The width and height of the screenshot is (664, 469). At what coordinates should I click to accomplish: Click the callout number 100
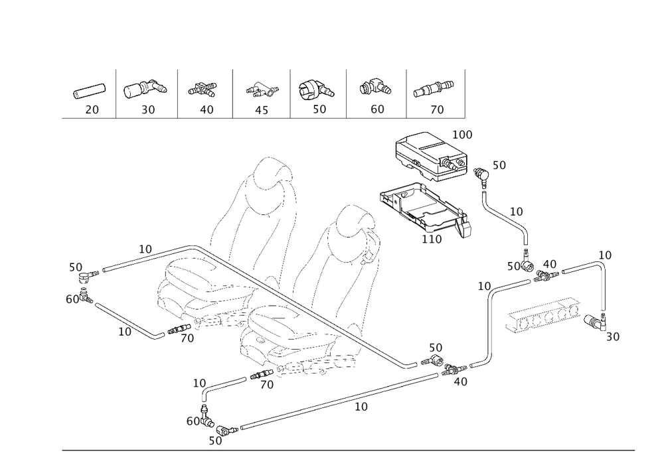click(462, 135)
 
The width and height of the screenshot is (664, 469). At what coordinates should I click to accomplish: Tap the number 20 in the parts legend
click(92, 109)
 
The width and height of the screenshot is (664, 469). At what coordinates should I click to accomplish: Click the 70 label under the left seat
click(187, 338)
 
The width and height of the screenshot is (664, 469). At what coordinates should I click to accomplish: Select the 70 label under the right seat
click(267, 384)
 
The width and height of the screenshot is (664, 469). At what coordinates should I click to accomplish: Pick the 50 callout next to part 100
click(499, 165)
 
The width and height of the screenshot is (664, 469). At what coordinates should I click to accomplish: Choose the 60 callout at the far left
click(73, 299)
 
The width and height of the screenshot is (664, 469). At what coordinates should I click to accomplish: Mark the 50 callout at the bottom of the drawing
click(215, 440)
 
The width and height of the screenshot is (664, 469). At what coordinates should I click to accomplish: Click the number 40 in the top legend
click(207, 109)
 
